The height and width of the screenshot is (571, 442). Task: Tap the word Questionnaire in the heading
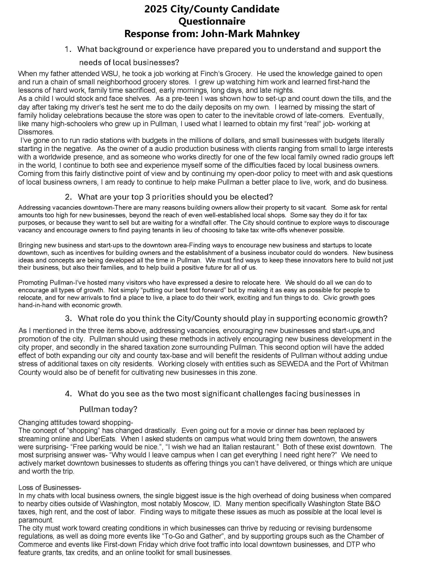click(212, 22)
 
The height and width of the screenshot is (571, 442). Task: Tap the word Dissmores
click(36, 132)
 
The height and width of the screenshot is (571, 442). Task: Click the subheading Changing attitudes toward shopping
click(76, 423)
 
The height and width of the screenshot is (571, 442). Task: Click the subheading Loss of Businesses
click(50, 488)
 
